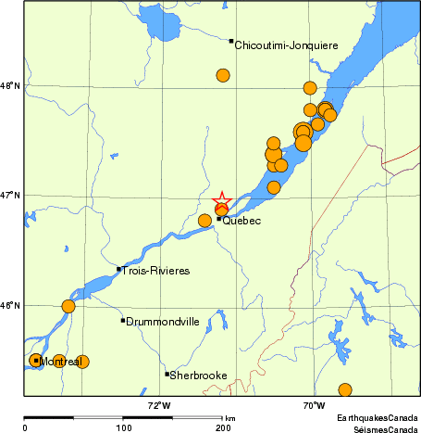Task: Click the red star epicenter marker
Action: [222, 201]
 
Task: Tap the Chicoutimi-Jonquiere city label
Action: [286, 45]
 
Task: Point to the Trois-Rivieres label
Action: [156, 271]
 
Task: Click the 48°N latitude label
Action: [10, 85]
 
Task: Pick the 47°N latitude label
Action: [10, 195]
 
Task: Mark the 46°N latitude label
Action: [10, 305]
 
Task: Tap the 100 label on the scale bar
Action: [123, 428]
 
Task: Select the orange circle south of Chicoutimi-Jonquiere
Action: [223, 75]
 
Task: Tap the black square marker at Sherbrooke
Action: [167, 375]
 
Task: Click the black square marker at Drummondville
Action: [123, 321]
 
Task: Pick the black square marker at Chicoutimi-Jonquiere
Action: [231, 41]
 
